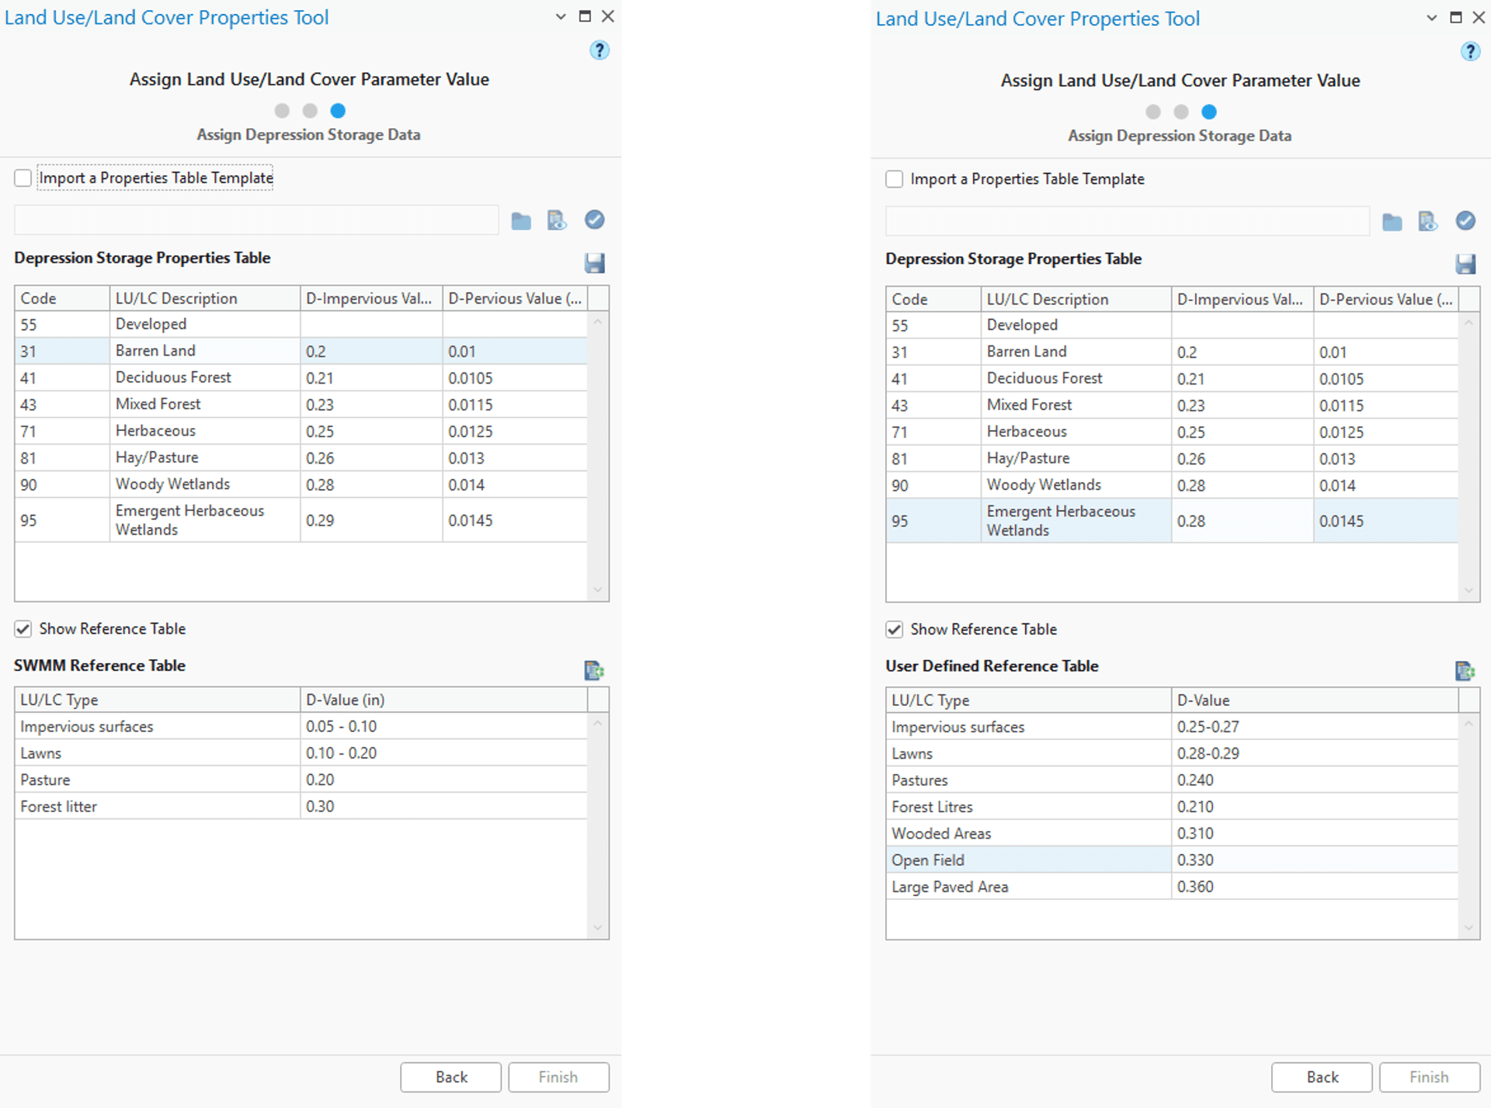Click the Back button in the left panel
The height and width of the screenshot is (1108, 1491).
[450, 1077]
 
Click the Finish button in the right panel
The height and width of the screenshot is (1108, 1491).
[1428, 1077]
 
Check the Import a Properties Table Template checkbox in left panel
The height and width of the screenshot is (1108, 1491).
[23, 178]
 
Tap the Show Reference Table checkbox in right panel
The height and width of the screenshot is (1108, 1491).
[895, 630]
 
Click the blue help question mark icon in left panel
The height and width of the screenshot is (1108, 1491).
[599, 50]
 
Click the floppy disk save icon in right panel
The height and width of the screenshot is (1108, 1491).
[1465, 264]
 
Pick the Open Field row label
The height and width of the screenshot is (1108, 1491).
[928, 860]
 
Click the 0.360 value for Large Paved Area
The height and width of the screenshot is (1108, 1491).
[1195, 887]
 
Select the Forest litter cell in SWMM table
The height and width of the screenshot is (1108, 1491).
[59, 807]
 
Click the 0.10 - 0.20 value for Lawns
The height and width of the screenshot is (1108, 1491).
[341, 753]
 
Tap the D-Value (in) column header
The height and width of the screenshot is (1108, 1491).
[346, 700]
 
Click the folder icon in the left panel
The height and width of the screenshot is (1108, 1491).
[521, 221]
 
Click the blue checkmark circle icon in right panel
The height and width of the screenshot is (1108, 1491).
[1465, 221]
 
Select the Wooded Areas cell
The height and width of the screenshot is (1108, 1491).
[941, 834]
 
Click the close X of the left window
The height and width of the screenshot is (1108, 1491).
[608, 16]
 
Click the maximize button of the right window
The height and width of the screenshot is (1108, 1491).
[1456, 18]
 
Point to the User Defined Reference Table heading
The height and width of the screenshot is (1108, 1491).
[992, 666]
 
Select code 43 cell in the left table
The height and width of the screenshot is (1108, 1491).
[29, 405]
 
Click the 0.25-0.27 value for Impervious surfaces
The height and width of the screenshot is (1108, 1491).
[1208, 727]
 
